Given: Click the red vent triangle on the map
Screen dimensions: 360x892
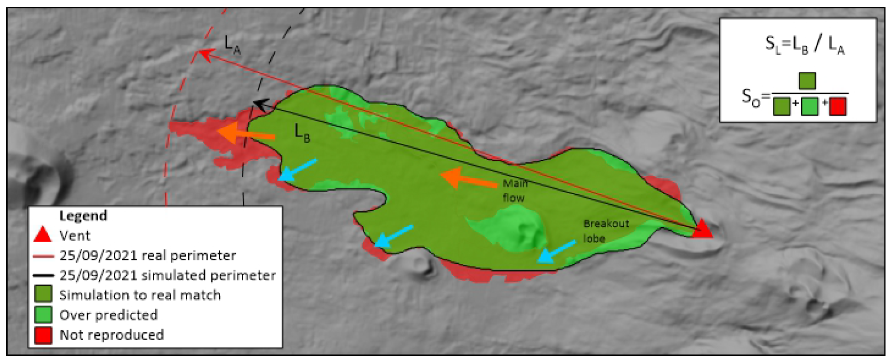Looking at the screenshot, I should [702, 230].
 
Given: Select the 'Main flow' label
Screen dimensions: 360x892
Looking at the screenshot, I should [513, 191].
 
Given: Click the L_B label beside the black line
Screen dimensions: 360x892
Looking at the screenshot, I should [303, 134].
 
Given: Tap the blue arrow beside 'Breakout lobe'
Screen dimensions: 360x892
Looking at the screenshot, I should [556, 251].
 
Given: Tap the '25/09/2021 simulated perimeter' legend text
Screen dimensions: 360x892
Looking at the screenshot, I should [168, 275].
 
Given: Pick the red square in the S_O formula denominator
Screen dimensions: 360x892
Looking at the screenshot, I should [838, 106].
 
